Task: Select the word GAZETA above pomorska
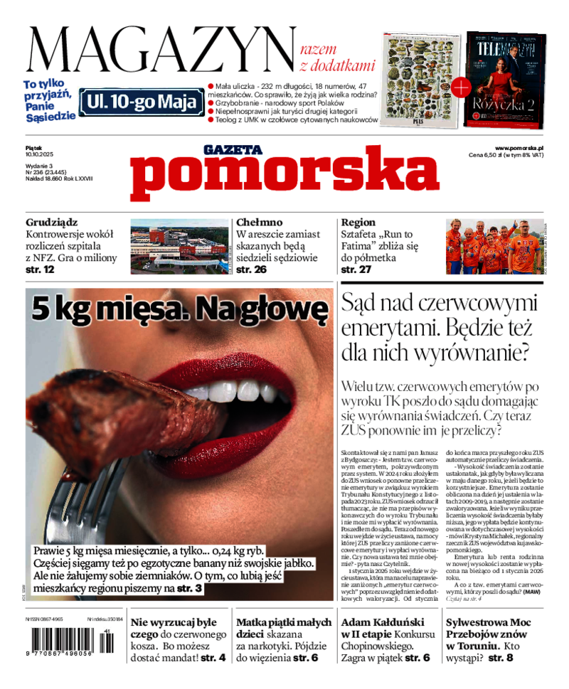(233, 149)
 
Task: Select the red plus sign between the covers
(461, 87)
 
